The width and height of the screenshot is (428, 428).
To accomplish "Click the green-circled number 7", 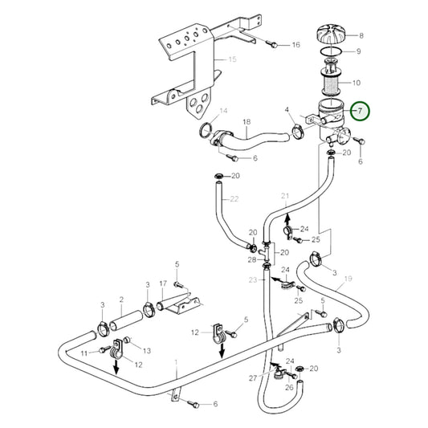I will point(361,111).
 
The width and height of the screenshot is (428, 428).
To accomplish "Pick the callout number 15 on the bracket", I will point(233,59).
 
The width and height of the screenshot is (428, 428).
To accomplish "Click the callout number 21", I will point(284,196).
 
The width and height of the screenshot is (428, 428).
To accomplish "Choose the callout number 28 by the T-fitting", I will point(251,259).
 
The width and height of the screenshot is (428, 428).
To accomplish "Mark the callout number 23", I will point(251,280).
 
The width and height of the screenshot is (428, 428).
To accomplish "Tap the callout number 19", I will point(349,280).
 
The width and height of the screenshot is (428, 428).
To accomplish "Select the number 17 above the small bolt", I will point(163,283).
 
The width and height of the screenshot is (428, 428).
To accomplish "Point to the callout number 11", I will point(84,353).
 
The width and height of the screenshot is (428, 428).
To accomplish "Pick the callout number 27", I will point(253,377).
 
